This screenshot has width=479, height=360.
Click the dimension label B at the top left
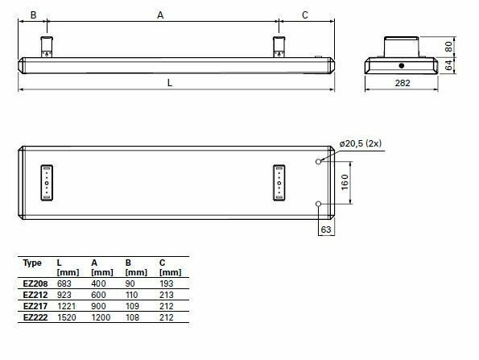pos(33,14)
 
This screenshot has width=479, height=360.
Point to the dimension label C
pos(304,14)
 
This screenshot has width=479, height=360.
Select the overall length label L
pos(169,82)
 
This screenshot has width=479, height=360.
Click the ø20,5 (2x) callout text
pos(360,143)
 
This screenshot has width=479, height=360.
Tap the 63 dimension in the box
pos(327,230)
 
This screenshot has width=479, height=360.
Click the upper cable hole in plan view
pos(319,161)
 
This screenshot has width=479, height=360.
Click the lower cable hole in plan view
pos(319,203)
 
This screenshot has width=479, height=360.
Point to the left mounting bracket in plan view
pos(47,182)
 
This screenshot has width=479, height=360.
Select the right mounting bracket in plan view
pos(279,182)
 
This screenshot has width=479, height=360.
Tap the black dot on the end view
pos(401,64)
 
